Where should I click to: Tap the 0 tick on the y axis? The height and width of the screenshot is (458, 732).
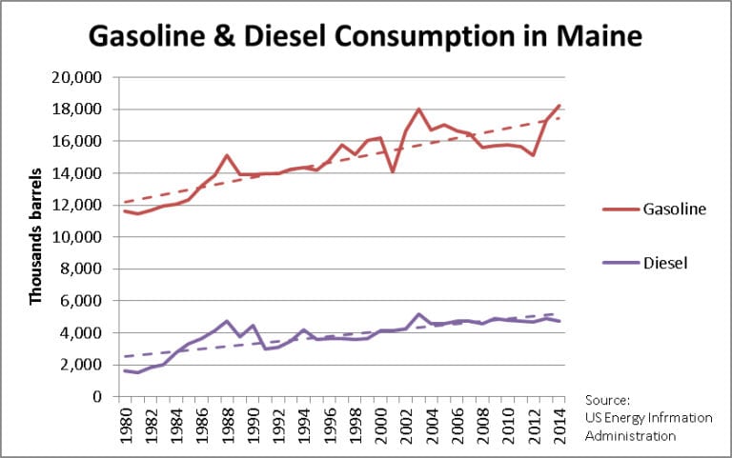click(96, 397)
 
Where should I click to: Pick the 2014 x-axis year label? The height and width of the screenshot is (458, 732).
click(559, 426)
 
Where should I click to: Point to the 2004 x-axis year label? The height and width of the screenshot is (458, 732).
click(434, 426)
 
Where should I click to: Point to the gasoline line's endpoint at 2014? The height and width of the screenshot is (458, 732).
click(559, 105)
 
